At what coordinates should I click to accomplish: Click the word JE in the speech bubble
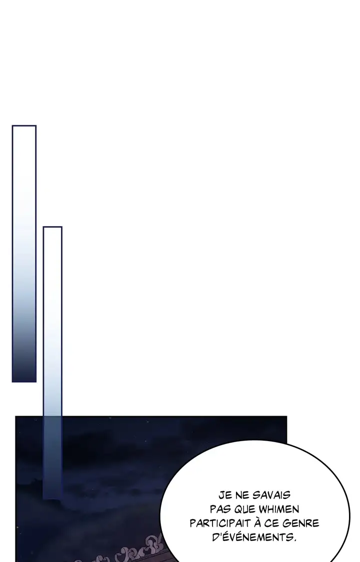click(x=224, y=495)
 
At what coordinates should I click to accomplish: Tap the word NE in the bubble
click(x=242, y=495)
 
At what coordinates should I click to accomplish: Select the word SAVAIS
click(x=271, y=495)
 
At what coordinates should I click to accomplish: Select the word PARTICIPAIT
click(x=220, y=523)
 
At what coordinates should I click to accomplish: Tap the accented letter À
click(x=257, y=522)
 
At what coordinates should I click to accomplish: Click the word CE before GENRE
click(x=272, y=523)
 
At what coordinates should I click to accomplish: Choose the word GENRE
click(x=300, y=523)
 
